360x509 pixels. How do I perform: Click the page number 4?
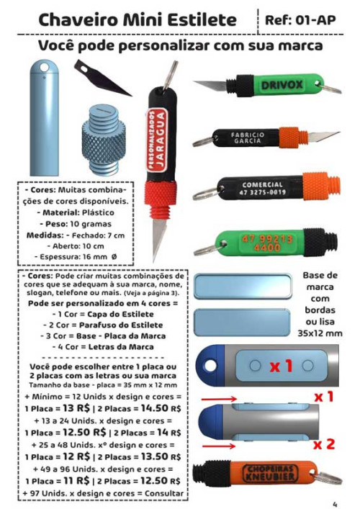(x=335, y=503)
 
